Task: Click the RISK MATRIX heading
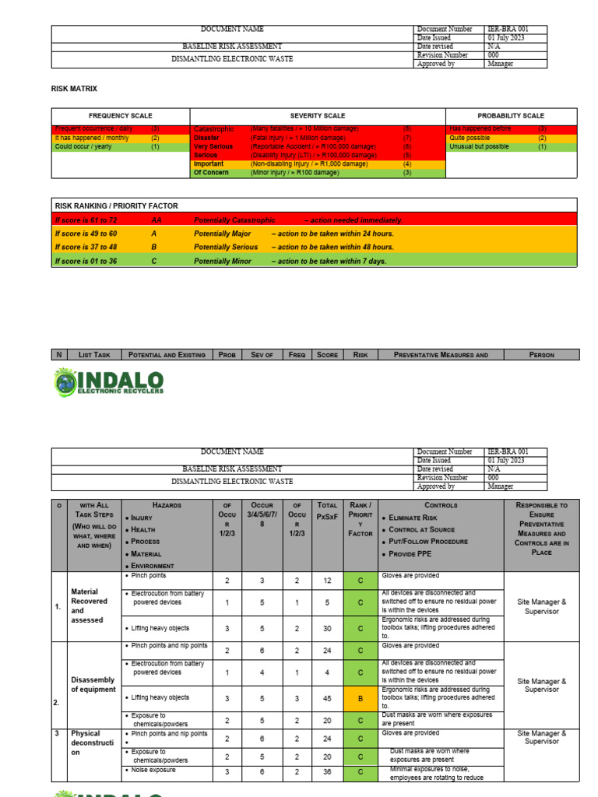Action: [x=74, y=90]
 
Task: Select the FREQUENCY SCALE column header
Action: [x=120, y=115]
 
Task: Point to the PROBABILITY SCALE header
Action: [x=511, y=115]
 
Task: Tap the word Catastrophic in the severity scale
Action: [x=213, y=129]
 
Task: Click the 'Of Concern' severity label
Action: [x=211, y=173]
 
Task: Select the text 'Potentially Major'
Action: [x=223, y=233]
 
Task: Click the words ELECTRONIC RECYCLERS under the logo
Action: [x=121, y=391]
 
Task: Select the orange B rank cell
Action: [x=360, y=699]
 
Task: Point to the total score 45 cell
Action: [x=328, y=699]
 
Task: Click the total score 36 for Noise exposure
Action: [x=328, y=774]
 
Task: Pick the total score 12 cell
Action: [x=328, y=581]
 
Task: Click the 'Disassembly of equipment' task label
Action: [x=93, y=685]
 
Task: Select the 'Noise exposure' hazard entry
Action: [x=153, y=770]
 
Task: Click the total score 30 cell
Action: [x=328, y=627]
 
